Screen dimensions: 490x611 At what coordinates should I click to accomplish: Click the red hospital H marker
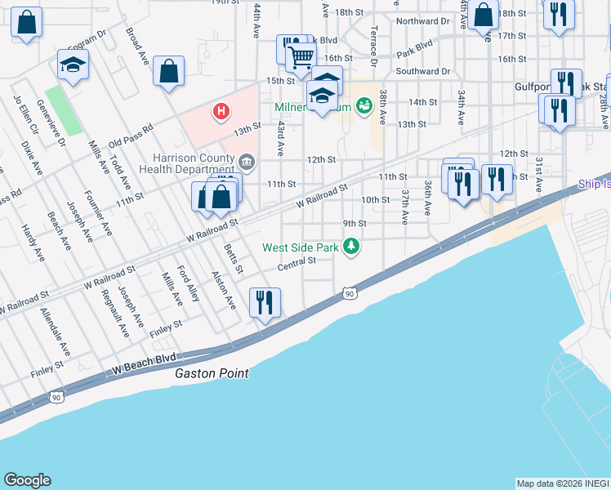click(x=220, y=111)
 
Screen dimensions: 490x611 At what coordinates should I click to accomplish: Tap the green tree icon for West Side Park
click(x=351, y=246)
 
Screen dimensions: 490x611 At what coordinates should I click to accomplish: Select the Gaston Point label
click(x=212, y=373)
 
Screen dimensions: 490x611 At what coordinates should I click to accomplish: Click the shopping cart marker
click(x=301, y=57)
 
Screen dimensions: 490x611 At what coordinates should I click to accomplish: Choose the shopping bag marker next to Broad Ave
click(x=168, y=72)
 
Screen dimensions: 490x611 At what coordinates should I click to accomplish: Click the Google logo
click(x=27, y=480)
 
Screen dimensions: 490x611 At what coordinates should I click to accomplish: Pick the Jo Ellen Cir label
click(x=24, y=116)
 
